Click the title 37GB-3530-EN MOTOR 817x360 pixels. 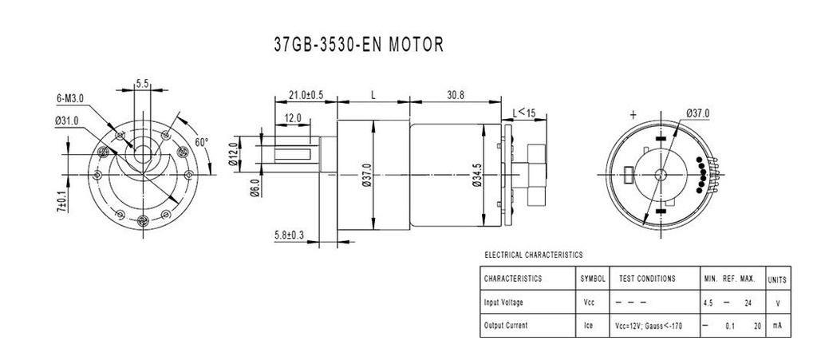click(x=358, y=45)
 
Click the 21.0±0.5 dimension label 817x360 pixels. click(x=306, y=95)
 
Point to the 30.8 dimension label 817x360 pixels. click(x=456, y=95)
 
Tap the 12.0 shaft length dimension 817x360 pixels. click(x=293, y=118)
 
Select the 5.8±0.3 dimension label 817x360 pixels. click(x=289, y=235)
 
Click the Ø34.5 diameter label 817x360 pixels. click(x=476, y=175)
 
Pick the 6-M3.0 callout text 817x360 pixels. click(x=70, y=98)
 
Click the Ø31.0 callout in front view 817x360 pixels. click(x=66, y=121)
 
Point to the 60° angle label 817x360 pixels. click(x=202, y=142)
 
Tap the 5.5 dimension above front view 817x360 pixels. click(x=143, y=83)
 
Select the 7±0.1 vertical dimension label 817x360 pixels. click(x=62, y=202)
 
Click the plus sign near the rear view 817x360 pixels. click(x=633, y=116)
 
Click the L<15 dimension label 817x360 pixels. click(x=524, y=112)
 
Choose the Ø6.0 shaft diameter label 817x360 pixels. click(x=255, y=188)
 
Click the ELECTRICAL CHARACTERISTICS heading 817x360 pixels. click(x=534, y=255)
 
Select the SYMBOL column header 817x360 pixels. click(x=593, y=279)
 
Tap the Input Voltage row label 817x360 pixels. click(x=503, y=303)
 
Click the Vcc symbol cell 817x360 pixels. click(x=590, y=303)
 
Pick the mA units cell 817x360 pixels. click(x=777, y=325)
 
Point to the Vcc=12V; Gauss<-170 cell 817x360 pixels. click(x=649, y=326)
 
